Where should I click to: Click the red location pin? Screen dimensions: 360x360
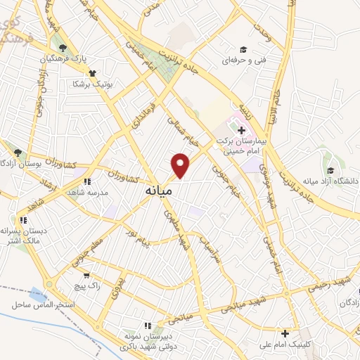[181, 165]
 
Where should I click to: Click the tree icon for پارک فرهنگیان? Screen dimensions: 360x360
[63, 48]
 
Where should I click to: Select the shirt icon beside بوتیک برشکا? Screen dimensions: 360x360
[91, 72]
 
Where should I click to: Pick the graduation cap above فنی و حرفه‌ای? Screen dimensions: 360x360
[243, 49]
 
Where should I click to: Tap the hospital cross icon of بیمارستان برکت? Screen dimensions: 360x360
[242, 130]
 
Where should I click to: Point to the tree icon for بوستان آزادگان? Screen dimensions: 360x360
[18, 152]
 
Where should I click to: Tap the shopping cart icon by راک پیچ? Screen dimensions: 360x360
[86, 276]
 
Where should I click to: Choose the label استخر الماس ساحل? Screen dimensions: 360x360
[44, 304]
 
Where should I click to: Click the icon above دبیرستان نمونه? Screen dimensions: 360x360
[147, 326]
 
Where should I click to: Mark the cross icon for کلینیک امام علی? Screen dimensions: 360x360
[285, 333]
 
